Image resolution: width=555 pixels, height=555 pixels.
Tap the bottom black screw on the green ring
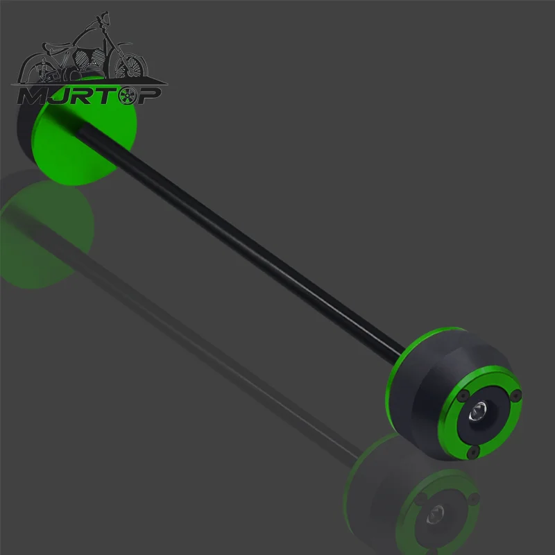(473, 452)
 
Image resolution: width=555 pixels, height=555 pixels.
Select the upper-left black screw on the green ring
(463, 395)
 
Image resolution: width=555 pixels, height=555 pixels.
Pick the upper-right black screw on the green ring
(515, 395)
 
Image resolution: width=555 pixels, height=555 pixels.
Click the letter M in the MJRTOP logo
(33, 96)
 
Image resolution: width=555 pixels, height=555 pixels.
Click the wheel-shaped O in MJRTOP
(127, 96)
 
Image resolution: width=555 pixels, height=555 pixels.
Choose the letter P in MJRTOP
(148, 96)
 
